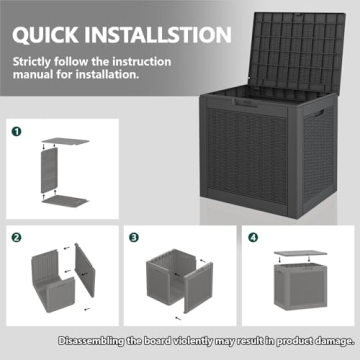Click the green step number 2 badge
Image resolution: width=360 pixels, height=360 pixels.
point(16,238)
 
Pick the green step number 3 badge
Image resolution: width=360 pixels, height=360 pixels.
point(133,238)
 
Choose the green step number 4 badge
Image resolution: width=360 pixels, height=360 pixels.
point(251,238)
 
